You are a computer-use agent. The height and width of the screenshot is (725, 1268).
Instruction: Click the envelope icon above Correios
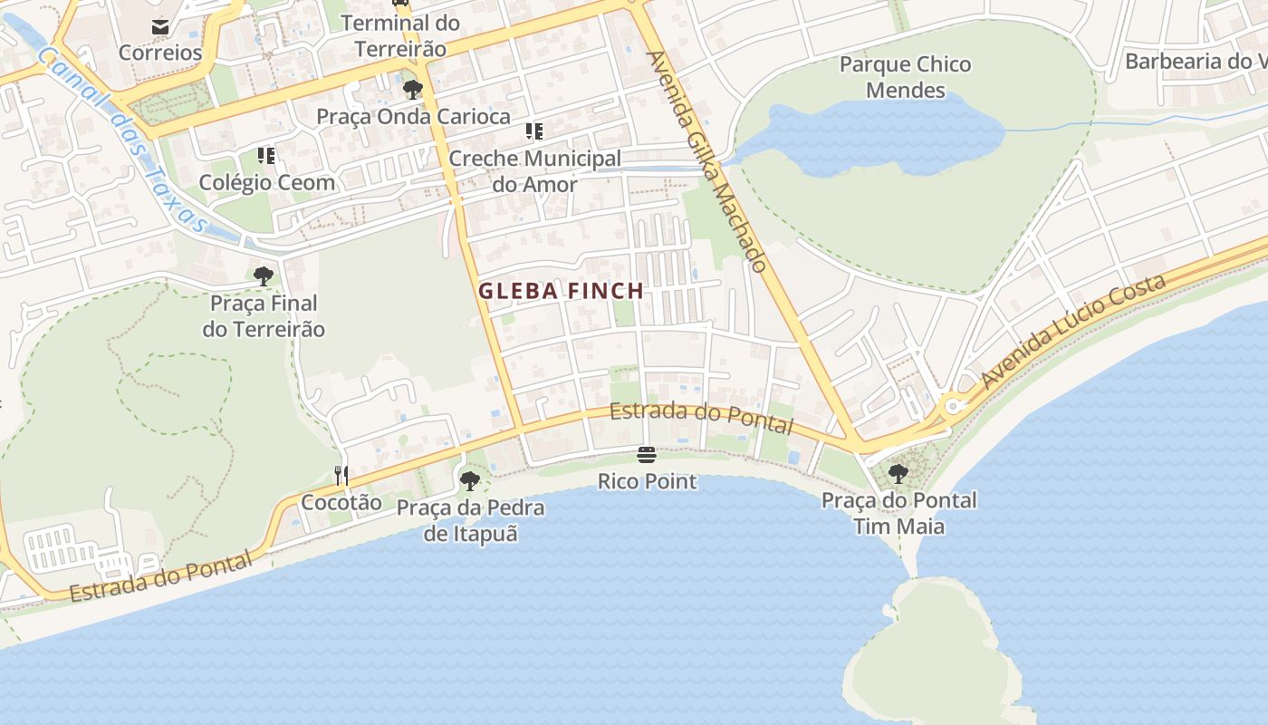click(160, 27)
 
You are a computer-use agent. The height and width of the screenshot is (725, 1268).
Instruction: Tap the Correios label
click(160, 53)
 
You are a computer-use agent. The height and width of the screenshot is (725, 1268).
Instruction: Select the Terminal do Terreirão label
click(400, 35)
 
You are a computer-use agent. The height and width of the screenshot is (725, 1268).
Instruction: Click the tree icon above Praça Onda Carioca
click(413, 89)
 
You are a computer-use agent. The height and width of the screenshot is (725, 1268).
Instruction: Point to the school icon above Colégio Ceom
click(265, 156)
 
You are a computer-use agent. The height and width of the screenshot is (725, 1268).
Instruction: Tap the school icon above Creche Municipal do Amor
click(534, 131)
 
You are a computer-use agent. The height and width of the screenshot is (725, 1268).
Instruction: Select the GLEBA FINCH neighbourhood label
click(561, 291)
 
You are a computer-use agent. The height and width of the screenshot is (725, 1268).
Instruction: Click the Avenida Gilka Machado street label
click(707, 160)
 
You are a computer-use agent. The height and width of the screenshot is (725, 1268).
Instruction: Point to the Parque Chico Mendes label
click(905, 77)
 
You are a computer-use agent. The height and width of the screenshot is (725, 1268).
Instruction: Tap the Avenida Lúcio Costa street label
click(1074, 331)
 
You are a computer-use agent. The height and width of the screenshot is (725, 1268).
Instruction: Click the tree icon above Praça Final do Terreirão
click(264, 275)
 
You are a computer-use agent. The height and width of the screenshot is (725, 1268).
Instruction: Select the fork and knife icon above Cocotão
click(341, 475)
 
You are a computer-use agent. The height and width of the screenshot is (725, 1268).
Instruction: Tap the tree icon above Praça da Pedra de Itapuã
click(469, 481)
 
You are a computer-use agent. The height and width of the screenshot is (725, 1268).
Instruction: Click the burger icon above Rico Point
click(646, 454)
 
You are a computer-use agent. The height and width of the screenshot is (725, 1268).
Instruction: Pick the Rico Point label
click(647, 481)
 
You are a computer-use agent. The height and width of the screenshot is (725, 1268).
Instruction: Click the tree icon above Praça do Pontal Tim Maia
click(898, 473)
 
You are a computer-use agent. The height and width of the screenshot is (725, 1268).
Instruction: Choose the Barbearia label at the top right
click(1194, 62)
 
